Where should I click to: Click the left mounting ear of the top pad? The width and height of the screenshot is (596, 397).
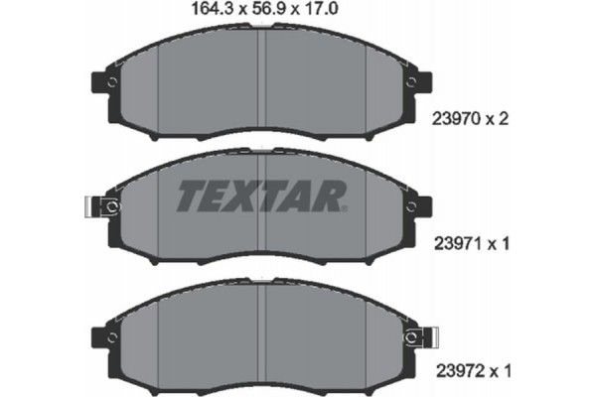click(102, 82)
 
